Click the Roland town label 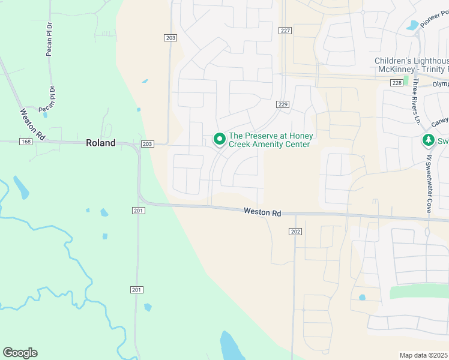(100, 143)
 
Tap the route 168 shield (25, 142)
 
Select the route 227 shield (285, 31)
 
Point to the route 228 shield (396, 82)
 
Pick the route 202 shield (295, 232)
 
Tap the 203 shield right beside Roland (147, 144)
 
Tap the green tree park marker (428, 141)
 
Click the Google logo (20, 353)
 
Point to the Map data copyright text (424, 355)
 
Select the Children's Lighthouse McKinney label (411, 65)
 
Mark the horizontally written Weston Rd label (262, 212)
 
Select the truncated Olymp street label (440, 84)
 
